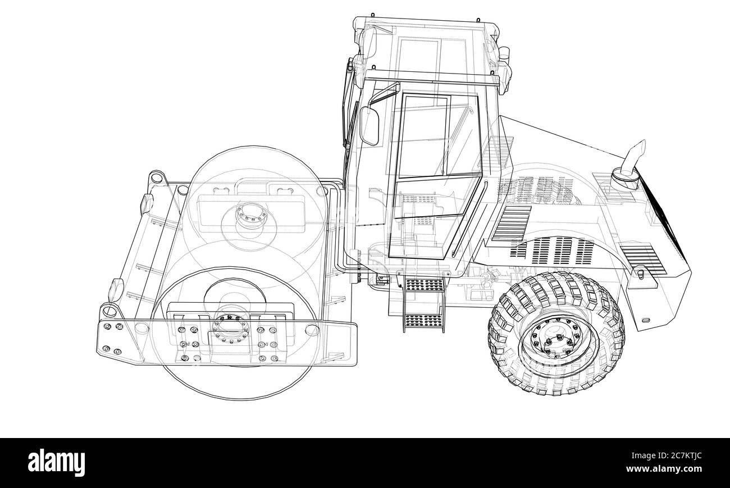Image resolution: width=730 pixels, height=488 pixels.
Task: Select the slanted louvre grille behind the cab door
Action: [x=511, y=222]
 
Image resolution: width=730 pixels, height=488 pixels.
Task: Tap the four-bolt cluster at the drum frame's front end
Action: [x=112, y=340]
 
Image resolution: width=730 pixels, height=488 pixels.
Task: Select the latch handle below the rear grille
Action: [x=640, y=274]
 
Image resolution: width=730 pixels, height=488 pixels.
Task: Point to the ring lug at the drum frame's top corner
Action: [x=157, y=178]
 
